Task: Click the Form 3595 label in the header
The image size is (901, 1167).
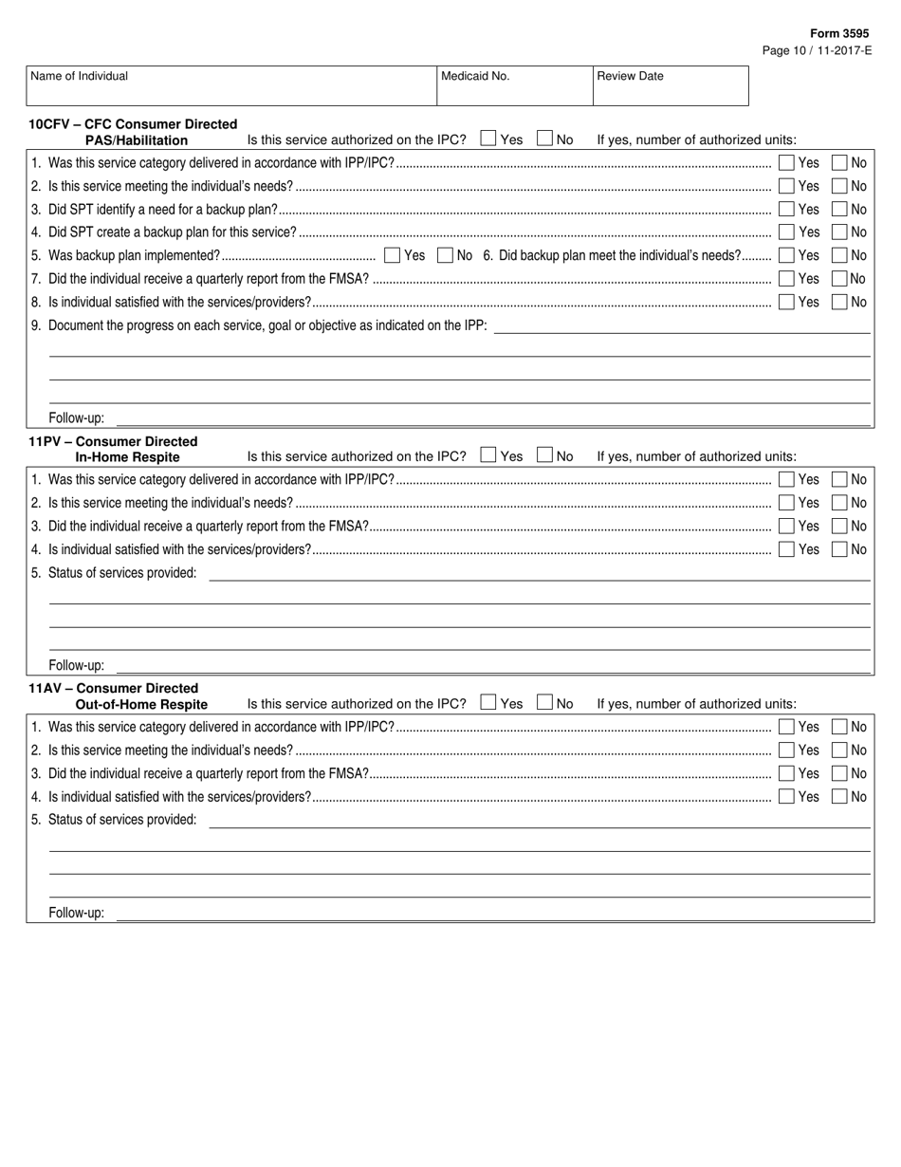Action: pyautogui.click(x=838, y=33)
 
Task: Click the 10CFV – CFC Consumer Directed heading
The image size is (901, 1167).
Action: pyautogui.click(x=133, y=123)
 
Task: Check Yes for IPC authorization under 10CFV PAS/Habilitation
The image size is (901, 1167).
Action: pyautogui.click(x=488, y=139)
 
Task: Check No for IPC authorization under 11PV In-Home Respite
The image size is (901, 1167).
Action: pyautogui.click(x=544, y=455)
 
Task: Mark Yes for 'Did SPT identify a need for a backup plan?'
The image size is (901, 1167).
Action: pyautogui.click(x=786, y=209)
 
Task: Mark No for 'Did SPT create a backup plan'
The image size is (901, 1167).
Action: pyautogui.click(x=839, y=232)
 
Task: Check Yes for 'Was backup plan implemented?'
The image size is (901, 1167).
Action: pyautogui.click(x=393, y=255)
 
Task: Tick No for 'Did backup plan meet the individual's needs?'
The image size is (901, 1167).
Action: pyautogui.click(x=839, y=255)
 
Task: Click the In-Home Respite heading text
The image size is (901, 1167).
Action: pyautogui.click(x=127, y=457)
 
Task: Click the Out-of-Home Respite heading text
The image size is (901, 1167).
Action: pyautogui.click(x=141, y=704)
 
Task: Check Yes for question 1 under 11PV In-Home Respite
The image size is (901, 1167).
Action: pyautogui.click(x=786, y=480)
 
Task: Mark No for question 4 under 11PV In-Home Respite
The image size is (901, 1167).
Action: pyautogui.click(x=839, y=549)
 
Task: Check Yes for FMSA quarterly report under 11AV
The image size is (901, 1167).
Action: pyautogui.click(x=786, y=773)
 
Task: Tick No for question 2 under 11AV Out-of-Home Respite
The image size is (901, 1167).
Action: pyautogui.click(x=839, y=750)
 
